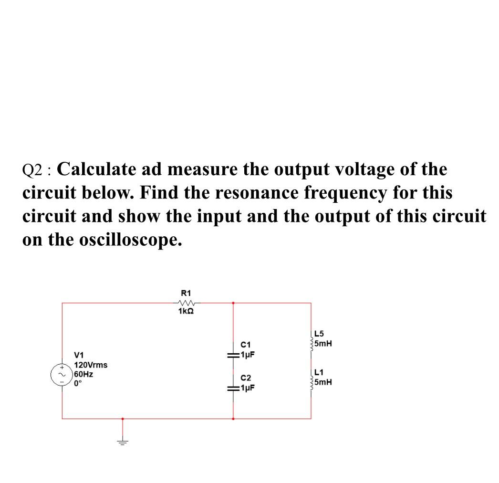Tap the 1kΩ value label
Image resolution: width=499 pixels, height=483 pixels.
[x=186, y=311]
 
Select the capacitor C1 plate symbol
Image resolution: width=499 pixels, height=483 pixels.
[x=233, y=355]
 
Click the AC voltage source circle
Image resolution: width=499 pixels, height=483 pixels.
[x=62, y=375]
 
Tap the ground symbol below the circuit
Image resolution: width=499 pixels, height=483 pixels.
[x=123, y=442]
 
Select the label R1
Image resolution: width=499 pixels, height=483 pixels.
[x=186, y=293]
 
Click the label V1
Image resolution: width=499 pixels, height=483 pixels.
[x=79, y=355]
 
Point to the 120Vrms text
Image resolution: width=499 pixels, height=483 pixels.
[x=91, y=365]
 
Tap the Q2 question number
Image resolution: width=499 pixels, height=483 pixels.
[x=33, y=170]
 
